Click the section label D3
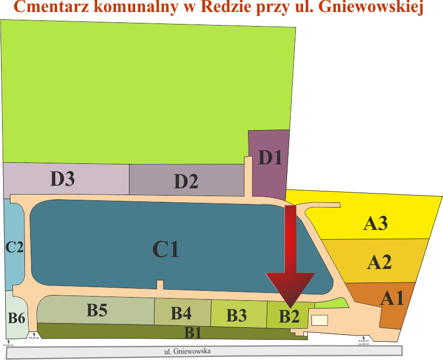(x=62, y=178)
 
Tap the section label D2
(x=186, y=182)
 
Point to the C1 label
(x=165, y=250)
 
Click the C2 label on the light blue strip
(x=15, y=247)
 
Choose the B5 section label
(x=97, y=311)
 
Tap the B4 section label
(x=181, y=313)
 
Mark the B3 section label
(x=237, y=315)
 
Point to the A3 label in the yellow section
(x=375, y=224)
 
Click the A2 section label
(x=379, y=262)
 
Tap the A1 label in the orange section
(x=392, y=298)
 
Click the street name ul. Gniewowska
(x=187, y=352)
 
